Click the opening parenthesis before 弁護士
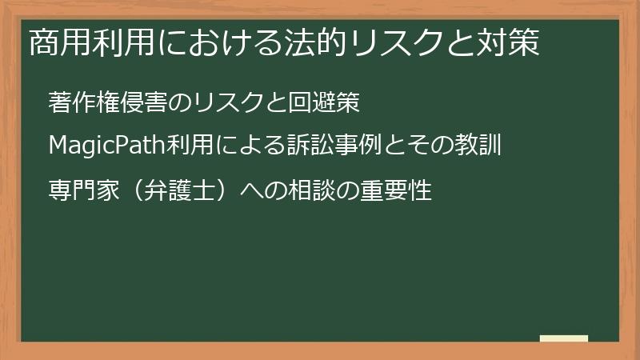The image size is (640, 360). pos(134,192)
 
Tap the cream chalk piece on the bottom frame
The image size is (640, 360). pos(563,338)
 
